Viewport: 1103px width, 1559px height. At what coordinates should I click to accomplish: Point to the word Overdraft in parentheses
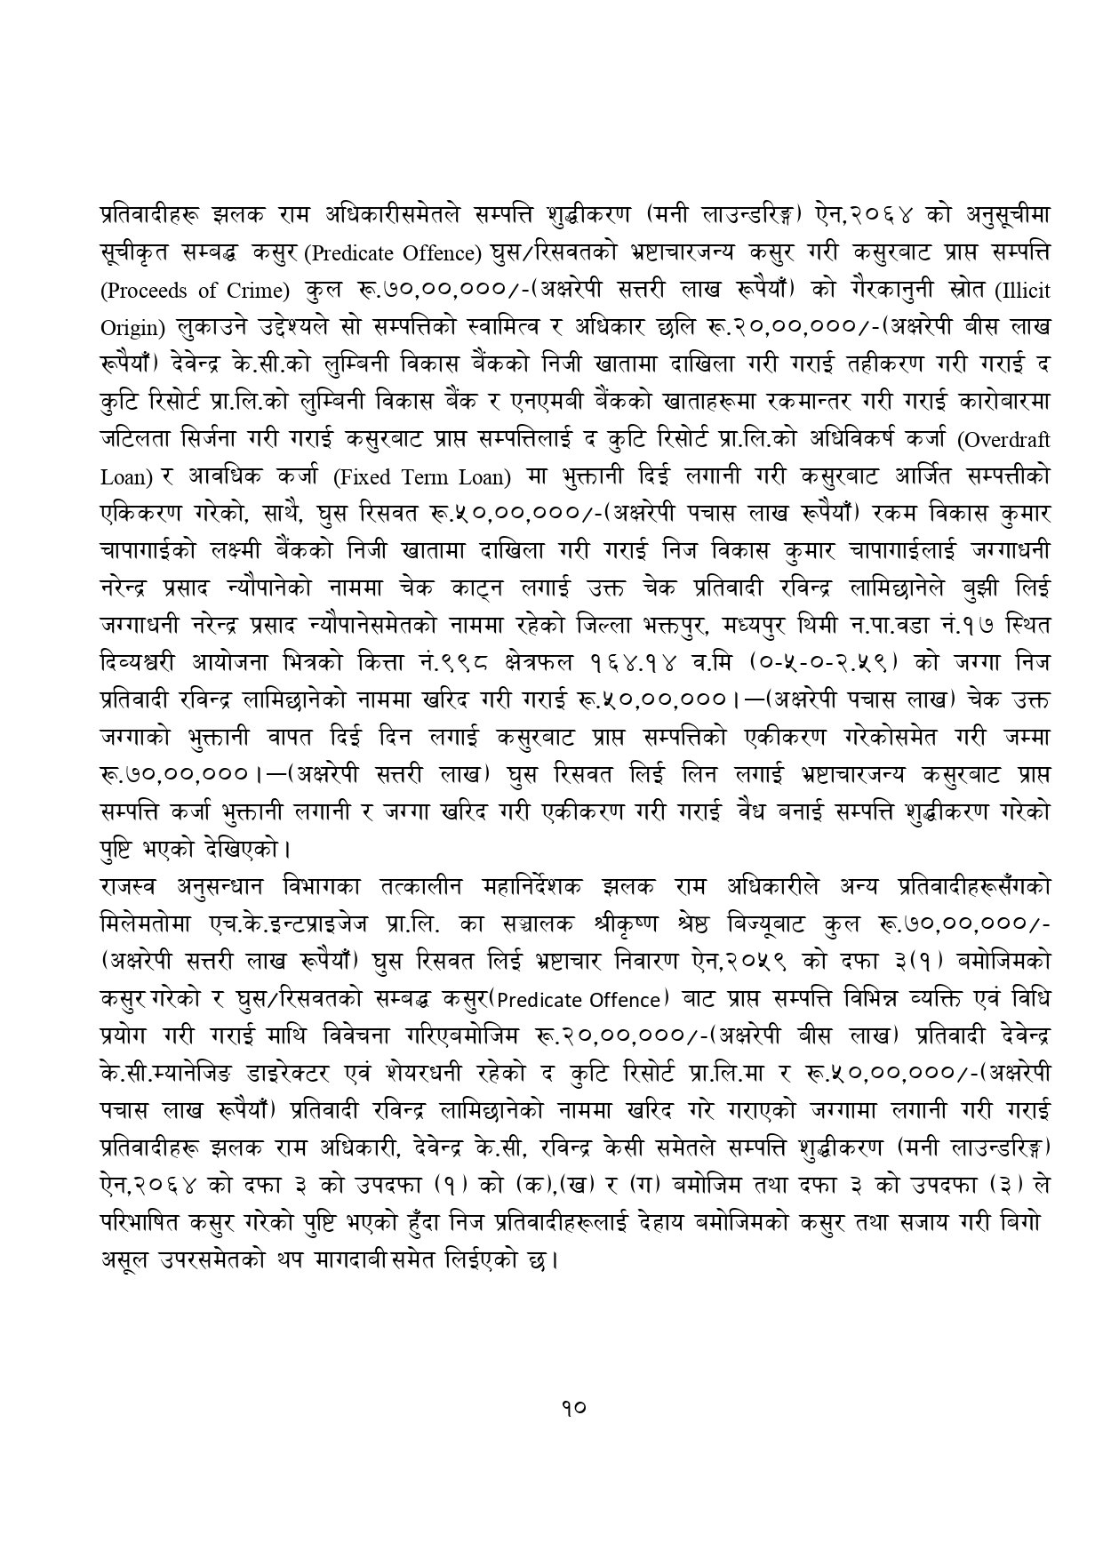tap(1008, 440)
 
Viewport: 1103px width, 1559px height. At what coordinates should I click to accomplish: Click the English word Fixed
tap(363, 477)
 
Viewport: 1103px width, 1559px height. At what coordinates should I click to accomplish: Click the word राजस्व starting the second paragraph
tap(129, 886)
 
